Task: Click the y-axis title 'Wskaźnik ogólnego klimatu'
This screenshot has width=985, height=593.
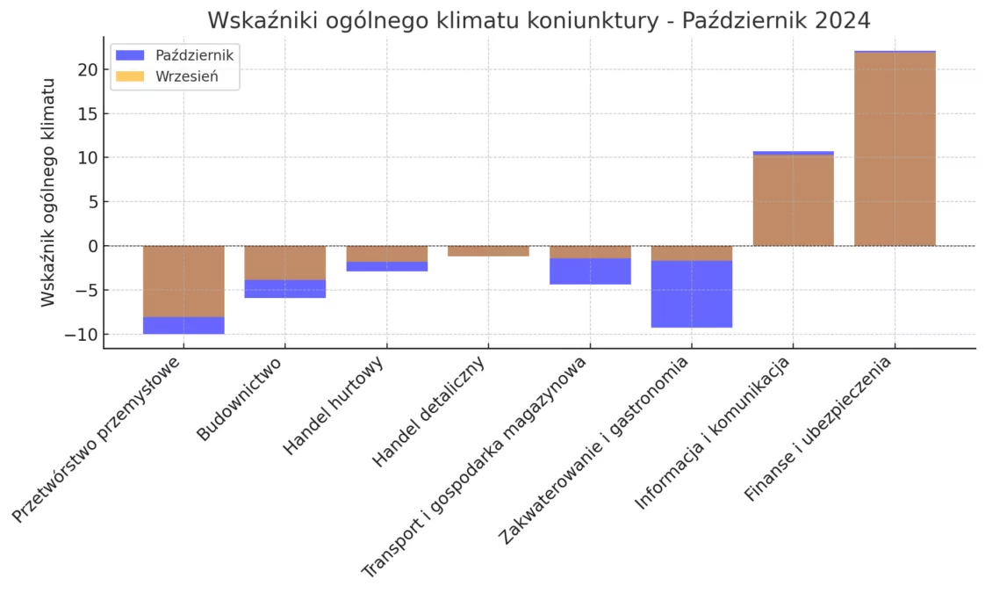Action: pyautogui.click(x=48, y=192)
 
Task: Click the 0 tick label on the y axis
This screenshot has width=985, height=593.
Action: pyautogui.click(x=90, y=246)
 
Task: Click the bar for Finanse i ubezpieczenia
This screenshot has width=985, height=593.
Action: pyautogui.click(x=895, y=149)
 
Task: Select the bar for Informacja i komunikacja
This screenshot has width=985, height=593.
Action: pyautogui.click(x=793, y=200)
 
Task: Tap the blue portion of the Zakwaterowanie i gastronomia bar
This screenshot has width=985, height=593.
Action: pyautogui.click(x=692, y=294)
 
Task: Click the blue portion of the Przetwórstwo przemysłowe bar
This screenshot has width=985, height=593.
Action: pyautogui.click(x=183, y=325)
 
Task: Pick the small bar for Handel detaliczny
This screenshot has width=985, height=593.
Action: pyautogui.click(x=488, y=251)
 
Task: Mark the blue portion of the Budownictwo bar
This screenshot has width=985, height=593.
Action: pyautogui.click(x=285, y=289)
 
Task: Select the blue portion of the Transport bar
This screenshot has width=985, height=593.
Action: pyautogui.click(x=590, y=271)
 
